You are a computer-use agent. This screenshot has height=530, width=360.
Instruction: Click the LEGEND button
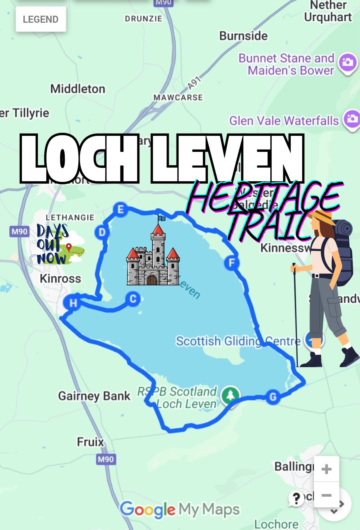pyautogui.click(x=41, y=19)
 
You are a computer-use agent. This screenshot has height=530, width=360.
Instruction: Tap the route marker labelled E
pyautogui.click(x=120, y=209)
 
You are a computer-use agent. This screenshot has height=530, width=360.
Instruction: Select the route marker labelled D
pyautogui.click(x=102, y=232)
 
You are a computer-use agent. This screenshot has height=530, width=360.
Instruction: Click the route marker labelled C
pyautogui.click(x=133, y=299)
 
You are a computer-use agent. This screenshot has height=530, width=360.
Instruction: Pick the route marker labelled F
pyautogui.click(x=232, y=263)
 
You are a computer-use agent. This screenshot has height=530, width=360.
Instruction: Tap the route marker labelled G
pyautogui.click(x=273, y=397)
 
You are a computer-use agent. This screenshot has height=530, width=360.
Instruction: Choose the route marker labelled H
pyautogui.click(x=73, y=303)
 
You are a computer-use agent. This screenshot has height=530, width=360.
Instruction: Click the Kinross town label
pyautogui.click(x=60, y=278)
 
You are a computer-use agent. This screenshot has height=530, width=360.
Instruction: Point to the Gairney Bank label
pyautogui.click(x=94, y=396)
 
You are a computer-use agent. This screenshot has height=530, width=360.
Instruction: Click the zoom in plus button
pyautogui.click(x=326, y=469)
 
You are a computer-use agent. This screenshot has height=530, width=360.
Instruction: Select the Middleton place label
pyautogui.click(x=78, y=89)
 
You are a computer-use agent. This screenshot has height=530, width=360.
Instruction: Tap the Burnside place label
pyautogui.click(x=243, y=36)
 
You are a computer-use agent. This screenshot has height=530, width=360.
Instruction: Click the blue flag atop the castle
pyautogui.click(x=162, y=218)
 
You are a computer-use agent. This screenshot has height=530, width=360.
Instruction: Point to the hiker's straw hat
pyautogui.click(x=322, y=217)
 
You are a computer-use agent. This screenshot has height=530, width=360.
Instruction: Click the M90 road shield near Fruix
pyautogui.click(x=106, y=459)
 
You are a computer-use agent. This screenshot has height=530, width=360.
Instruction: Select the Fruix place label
pyautogui.click(x=90, y=442)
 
